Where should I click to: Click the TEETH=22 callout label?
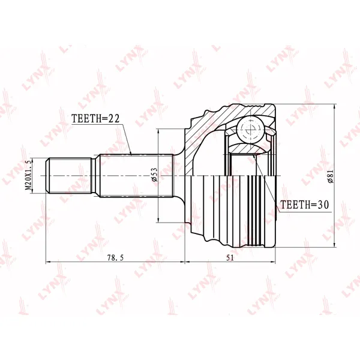point(95,118)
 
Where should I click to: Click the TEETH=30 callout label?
point(305,205)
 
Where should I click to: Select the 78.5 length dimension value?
point(115,258)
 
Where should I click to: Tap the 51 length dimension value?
point(230,258)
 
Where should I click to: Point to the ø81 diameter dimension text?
point(331,176)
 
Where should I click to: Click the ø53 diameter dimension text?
point(155,175)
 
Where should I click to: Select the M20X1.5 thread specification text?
point(28,175)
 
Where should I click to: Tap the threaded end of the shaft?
point(69,176)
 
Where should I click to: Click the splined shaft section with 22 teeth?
point(136,176)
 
